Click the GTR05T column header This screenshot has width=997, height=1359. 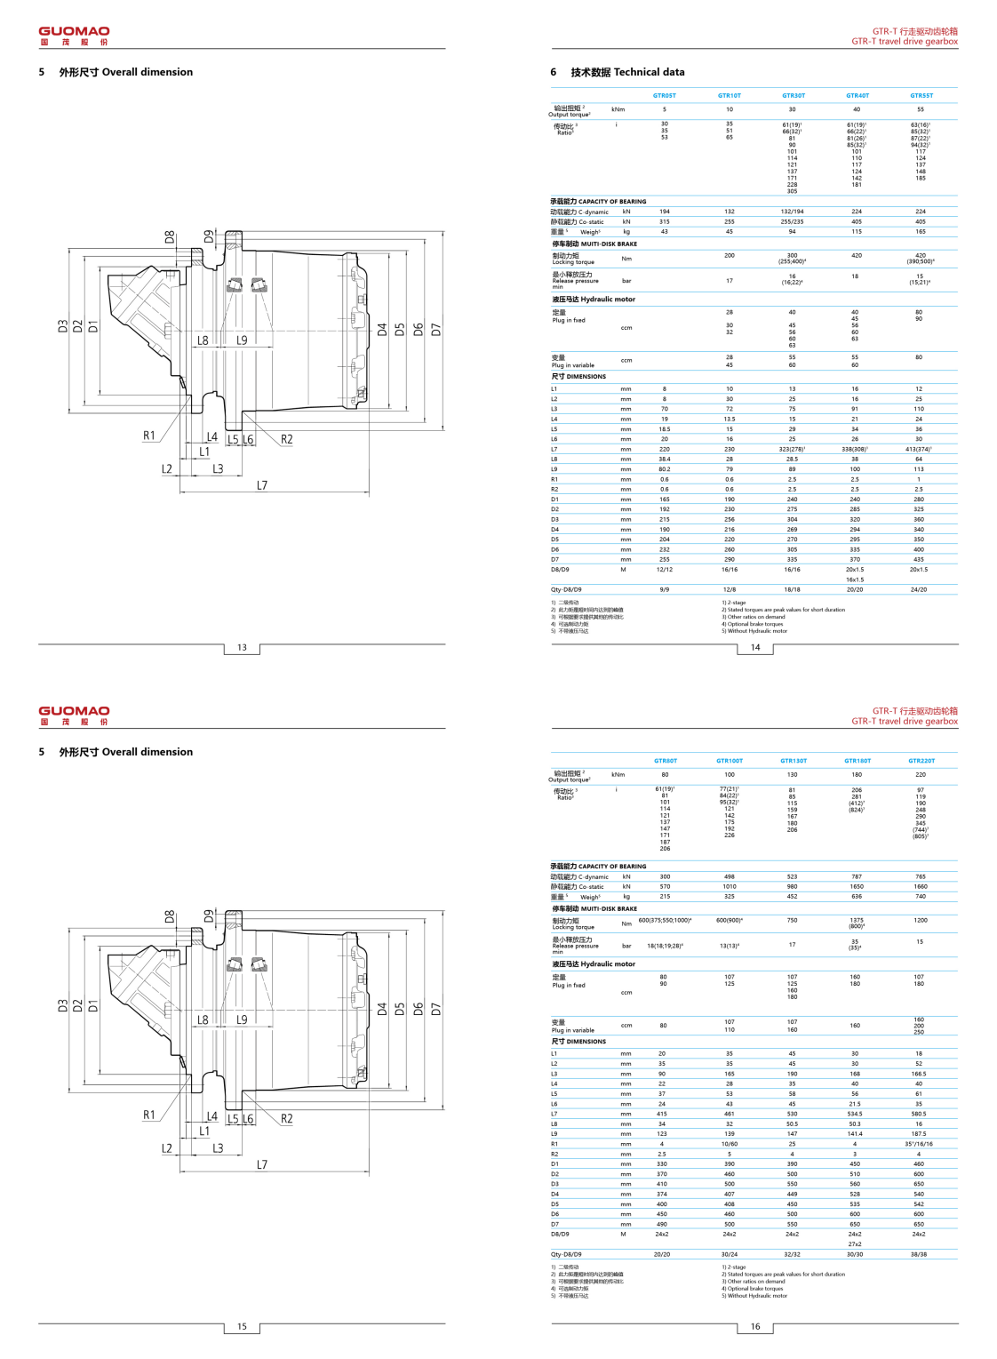point(664,96)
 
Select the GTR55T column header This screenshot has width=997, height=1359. point(921,96)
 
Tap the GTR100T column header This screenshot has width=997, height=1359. point(729,761)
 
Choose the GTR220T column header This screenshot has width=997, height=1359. point(921,761)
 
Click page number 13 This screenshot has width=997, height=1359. point(242,648)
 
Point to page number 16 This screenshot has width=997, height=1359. point(755,1327)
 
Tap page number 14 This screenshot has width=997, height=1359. point(755,648)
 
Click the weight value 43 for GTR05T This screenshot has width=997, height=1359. point(664,232)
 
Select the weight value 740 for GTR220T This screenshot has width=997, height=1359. point(920,897)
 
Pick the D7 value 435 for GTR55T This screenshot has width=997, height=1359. point(919,560)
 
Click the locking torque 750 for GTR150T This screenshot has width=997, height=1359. point(792,921)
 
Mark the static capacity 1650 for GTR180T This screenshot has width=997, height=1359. point(856,887)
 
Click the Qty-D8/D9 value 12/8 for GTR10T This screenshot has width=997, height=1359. point(729,589)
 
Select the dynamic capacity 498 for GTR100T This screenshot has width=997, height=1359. point(729,877)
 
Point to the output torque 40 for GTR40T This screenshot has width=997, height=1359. point(857,110)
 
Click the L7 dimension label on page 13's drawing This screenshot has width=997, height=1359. point(262,485)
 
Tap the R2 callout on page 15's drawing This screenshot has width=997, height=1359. point(286,1119)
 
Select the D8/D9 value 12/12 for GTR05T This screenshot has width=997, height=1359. point(664,570)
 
